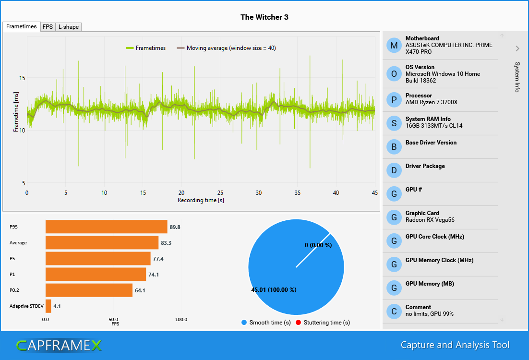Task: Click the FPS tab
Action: click(x=48, y=27)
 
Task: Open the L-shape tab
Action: click(x=69, y=27)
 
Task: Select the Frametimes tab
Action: click(x=21, y=26)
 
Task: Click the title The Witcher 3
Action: click(x=264, y=17)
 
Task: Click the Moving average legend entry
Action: click(x=230, y=48)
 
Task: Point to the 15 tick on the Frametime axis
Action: click(x=22, y=78)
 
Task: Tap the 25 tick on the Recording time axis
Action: click(x=220, y=192)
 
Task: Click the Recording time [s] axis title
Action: click(x=201, y=200)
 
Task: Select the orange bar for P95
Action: click(x=106, y=227)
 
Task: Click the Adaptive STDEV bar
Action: click(x=48, y=306)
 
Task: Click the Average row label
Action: click(x=18, y=243)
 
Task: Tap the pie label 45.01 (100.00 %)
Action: click(x=274, y=290)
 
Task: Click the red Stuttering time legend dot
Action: click(x=299, y=323)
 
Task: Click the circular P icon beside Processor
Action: click(x=394, y=100)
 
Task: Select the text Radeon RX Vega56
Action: click(x=430, y=220)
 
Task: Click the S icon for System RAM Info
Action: click(x=394, y=123)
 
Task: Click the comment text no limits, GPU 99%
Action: click(x=429, y=314)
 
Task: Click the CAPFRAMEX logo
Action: click(x=59, y=345)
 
